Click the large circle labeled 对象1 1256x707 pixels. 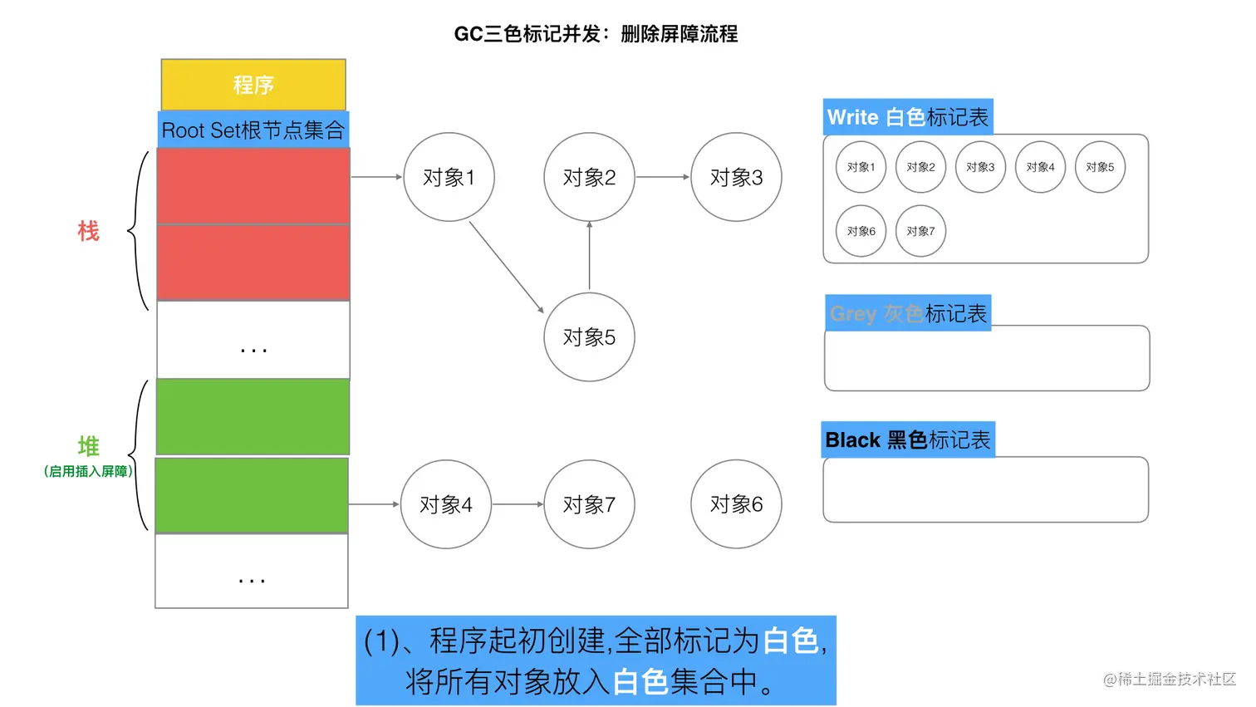click(x=449, y=177)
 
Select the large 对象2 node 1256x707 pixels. click(x=589, y=177)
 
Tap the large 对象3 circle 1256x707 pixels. click(x=736, y=177)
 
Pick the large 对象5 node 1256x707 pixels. click(x=589, y=337)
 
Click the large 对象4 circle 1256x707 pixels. click(x=446, y=504)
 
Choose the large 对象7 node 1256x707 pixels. click(x=589, y=504)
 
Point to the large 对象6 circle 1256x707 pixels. click(x=736, y=504)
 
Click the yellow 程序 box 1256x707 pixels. click(x=253, y=85)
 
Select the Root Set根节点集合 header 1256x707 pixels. click(x=253, y=130)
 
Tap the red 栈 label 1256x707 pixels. click(x=88, y=231)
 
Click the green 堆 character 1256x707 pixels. click(x=88, y=446)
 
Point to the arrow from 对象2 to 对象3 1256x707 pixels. click(x=663, y=177)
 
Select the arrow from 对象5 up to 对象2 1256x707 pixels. click(x=590, y=256)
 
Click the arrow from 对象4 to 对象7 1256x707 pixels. click(x=518, y=504)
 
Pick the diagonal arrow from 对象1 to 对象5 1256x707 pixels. click(x=507, y=268)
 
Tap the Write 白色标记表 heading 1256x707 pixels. click(x=908, y=117)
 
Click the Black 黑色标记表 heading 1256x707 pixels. click(x=908, y=439)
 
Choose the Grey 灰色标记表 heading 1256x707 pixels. click(x=908, y=313)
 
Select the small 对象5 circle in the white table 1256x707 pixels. click(x=1100, y=167)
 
